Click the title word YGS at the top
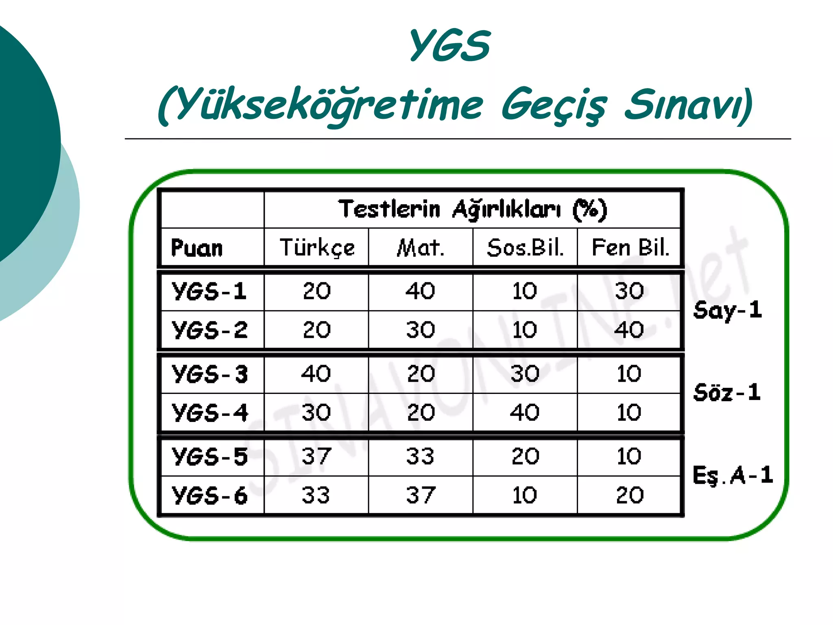coord(449,46)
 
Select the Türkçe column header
coord(317,247)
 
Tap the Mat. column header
coord(421,247)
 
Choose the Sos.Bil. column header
coord(525,247)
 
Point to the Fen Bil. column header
coord(630,247)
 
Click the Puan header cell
coord(197,248)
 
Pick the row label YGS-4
coord(209,413)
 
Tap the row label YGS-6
coord(209,496)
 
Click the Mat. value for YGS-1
coord(421,291)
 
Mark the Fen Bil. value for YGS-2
coord(629,330)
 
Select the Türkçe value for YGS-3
coord(316,374)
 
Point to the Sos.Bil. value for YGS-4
coord(525,412)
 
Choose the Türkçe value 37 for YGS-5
coord(316,456)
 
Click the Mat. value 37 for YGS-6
coord(421,495)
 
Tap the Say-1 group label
coord(728,310)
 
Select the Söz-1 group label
coord(727,393)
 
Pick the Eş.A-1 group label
coord(733,475)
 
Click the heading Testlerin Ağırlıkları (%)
coord(472,210)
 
